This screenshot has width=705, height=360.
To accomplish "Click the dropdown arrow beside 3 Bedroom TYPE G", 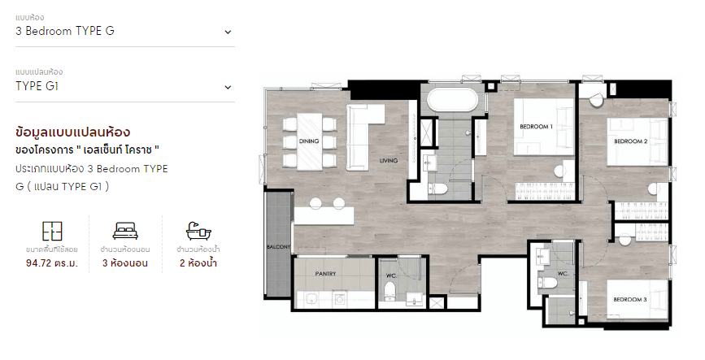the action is pyautogui.click(x=228, y=32).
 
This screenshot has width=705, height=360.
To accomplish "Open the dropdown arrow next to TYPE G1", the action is pyautogui.click(x=228, y=87).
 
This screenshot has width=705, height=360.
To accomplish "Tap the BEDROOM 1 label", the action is pyautogui.click(x=537, y=127).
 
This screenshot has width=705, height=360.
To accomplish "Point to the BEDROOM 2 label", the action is pyautogui.click(x=631, y=141).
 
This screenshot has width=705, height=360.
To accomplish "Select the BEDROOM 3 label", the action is pyautogui.click(x=630, y=299).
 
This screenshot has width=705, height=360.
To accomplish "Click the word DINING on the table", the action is pyautogui.click(x=309, y=141).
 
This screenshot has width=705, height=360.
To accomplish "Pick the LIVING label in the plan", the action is pyautogui.click(x=389, y=160).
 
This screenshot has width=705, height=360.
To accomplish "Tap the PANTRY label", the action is pyautogui.click(x=325, y=273).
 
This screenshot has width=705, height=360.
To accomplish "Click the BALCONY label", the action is pyautogui.click(x=278, y=247).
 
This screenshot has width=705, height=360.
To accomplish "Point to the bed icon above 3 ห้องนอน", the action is pyautogui.click(x=125, y=231).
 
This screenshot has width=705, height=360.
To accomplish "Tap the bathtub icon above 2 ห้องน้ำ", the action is pyautogui.click(x=198, y=231).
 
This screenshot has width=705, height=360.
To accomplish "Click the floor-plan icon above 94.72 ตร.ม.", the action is pyautogui.click(x=52, y=231).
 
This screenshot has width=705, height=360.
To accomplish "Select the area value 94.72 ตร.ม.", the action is pyautogui.click(x=52, y=263).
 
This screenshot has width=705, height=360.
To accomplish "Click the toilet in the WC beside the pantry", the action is pyautogui.click(x=389, y=291).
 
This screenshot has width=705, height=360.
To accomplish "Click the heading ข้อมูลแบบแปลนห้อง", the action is pyautogui.click(x=73, y=132).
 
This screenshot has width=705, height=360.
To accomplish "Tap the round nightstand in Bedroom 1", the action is pyautogui.click(x=559, y=171).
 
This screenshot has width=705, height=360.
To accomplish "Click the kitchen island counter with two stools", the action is pyautogui.click(x=324, y=215).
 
